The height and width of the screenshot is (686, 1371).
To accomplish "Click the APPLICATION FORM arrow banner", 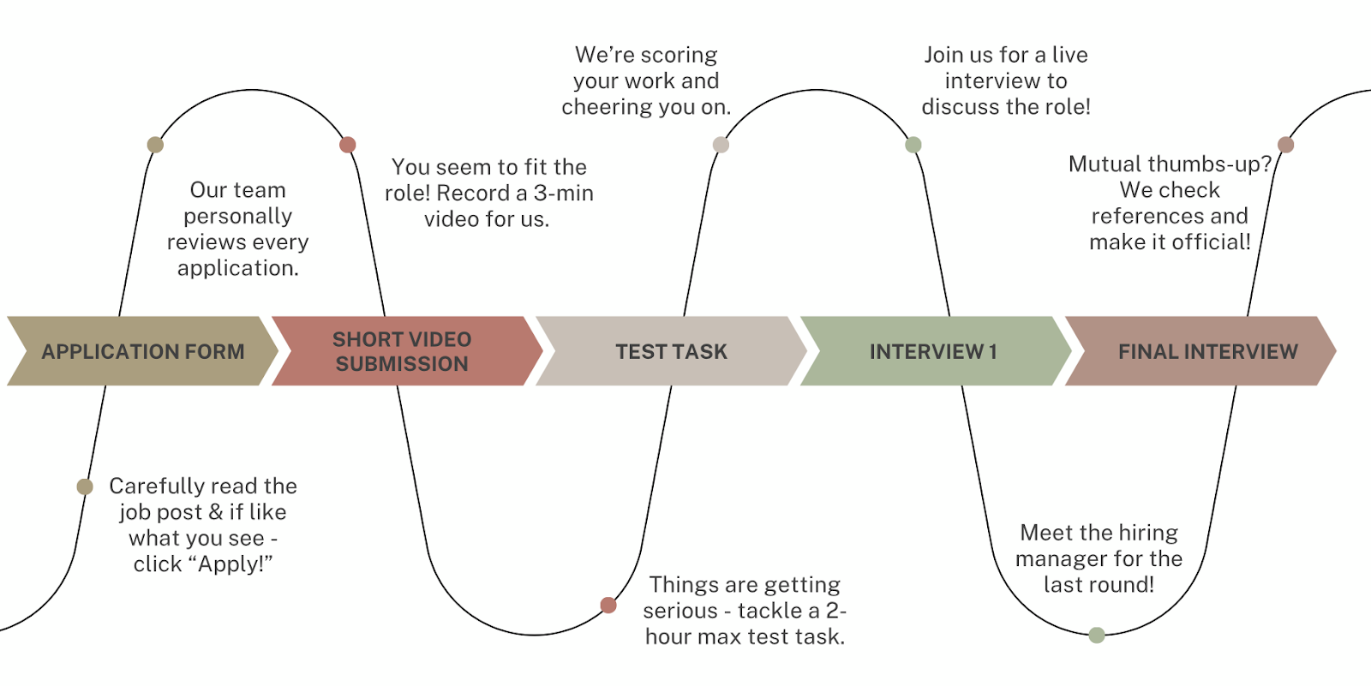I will [142, 351].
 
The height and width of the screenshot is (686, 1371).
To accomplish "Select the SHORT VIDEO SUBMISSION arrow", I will [403, 351].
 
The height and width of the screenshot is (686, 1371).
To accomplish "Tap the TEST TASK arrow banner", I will [671, 351].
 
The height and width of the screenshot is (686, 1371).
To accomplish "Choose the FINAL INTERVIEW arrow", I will [1206, 351].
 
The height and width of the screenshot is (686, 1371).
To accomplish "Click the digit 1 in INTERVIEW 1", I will [993, 352].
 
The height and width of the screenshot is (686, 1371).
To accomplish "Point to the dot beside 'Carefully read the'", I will [85, 486].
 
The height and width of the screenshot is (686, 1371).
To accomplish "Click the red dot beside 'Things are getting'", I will [608, 605].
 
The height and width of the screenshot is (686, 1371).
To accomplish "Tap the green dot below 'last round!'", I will [1097, 635].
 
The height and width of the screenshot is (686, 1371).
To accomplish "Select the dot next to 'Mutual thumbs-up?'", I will [1285, 145].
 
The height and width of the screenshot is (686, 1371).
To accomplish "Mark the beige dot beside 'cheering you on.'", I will [721, 145].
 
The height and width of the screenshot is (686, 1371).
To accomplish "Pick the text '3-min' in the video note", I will [563, 194].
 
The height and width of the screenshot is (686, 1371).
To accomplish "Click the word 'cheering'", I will [599, 107].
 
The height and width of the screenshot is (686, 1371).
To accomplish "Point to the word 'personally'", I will [237, 217].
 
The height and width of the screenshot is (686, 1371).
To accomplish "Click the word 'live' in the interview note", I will [1069, 55].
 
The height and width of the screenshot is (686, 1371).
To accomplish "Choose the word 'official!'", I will [1211, 242].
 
